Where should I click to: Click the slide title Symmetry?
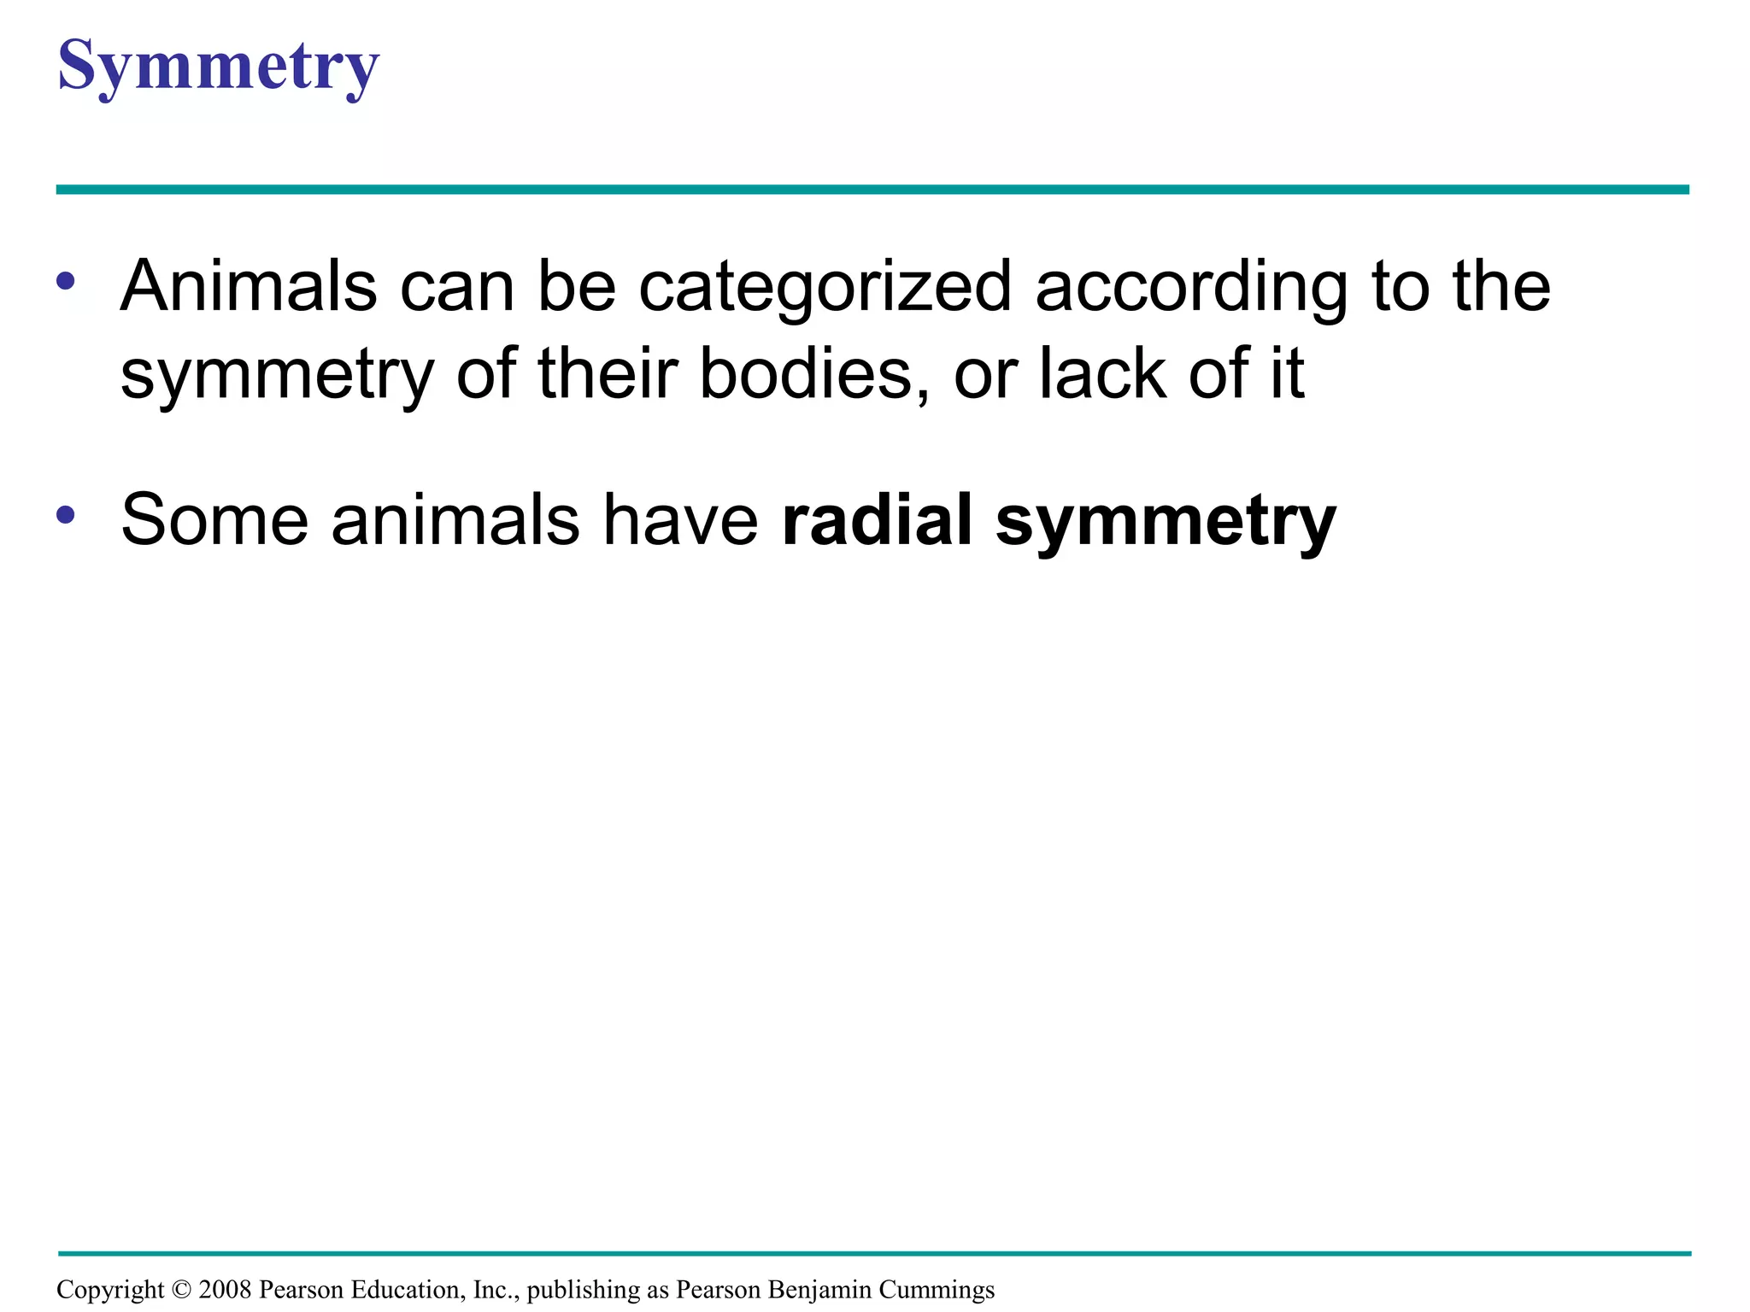tap(218, 67)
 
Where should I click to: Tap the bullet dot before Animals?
tap(66, 281)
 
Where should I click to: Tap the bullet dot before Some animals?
tap(66, 515)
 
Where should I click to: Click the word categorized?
tap(825, 289)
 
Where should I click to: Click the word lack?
tap(1102, 374)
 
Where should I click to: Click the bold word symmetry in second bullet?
tap(1166, 523)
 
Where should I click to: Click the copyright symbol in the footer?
tap(181, 1289)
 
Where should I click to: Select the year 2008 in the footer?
tap(225, 1289)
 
